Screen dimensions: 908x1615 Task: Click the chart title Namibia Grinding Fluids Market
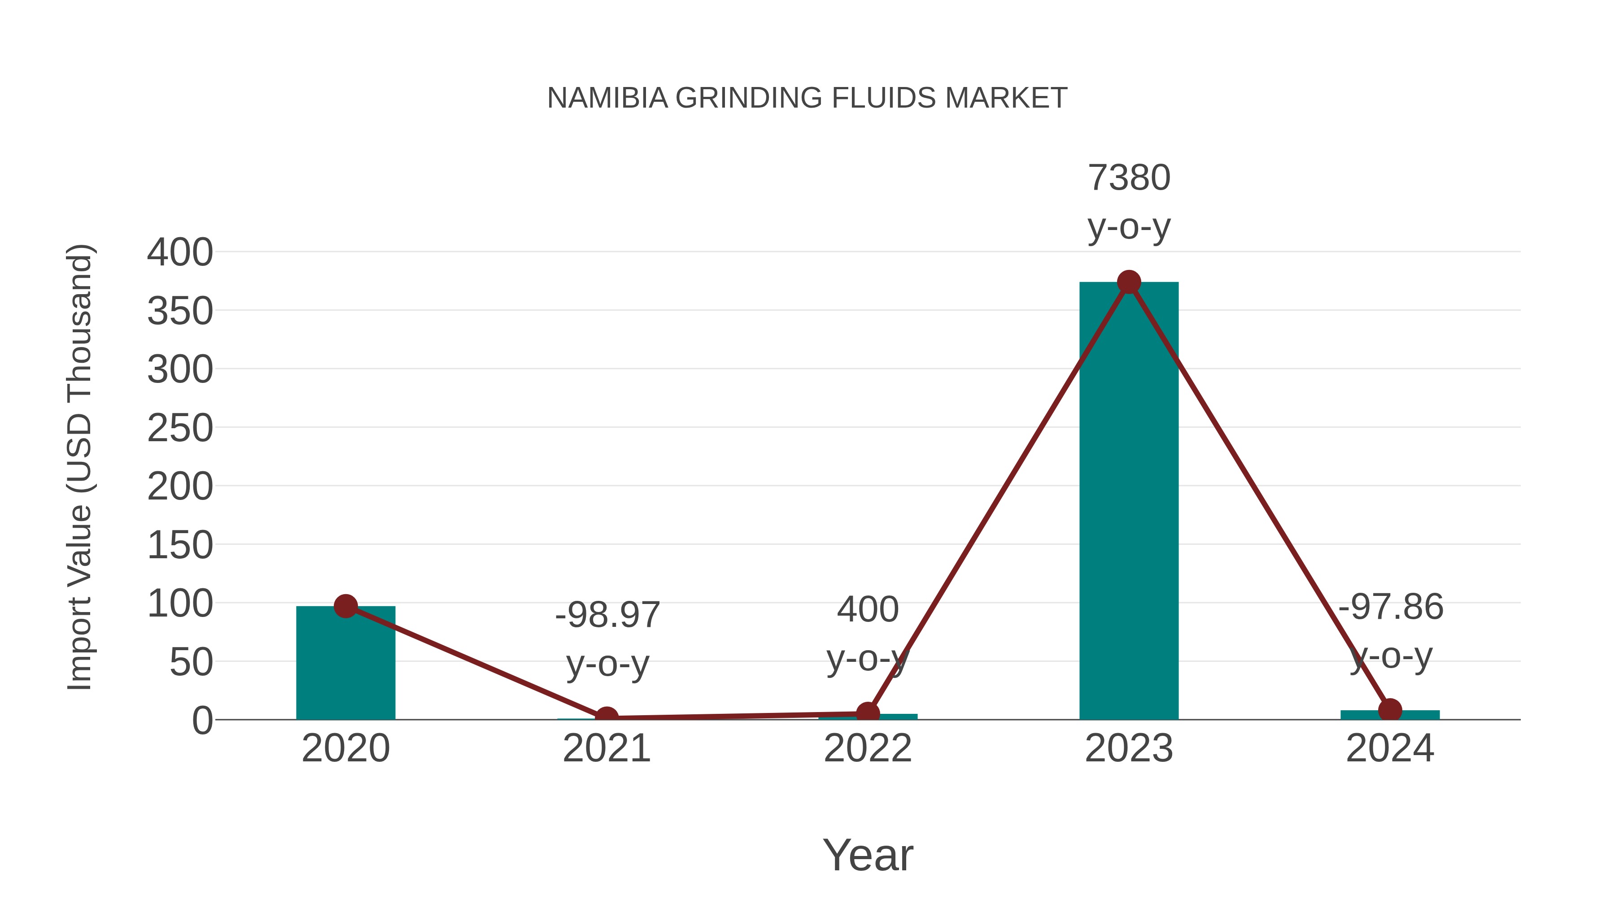(807, 98)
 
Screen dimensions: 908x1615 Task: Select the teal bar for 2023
(1129, 501)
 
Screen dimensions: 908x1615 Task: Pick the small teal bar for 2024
(1390, 715)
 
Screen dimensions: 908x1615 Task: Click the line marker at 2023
(1129, 282)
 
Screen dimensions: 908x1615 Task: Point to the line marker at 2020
(345, 606)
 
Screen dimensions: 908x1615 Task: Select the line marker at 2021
(606, 717)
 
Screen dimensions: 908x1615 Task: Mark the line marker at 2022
(868, 713)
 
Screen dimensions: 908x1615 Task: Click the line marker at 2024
(1390, 710)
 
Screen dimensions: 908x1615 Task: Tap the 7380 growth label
(1129, 178)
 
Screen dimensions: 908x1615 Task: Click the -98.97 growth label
(607, 615)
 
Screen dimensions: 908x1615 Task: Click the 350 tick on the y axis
(180, 312)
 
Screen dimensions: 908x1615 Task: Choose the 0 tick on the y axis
(202, 721)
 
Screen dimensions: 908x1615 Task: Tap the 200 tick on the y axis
(180, 487)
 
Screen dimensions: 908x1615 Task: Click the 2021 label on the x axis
(606, 748)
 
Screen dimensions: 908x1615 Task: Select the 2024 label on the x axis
(1390, 748)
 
